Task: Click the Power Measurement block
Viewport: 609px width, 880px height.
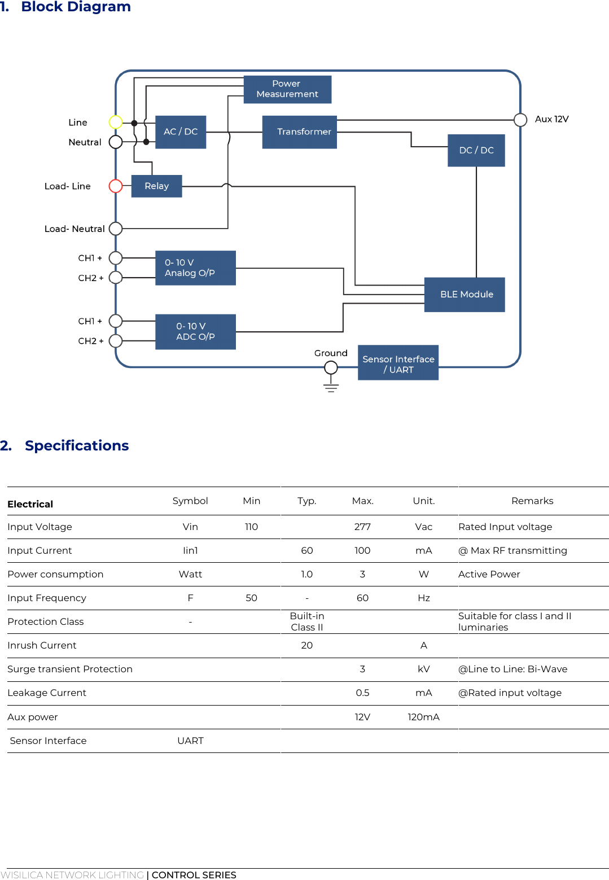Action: click(x=287, y=89)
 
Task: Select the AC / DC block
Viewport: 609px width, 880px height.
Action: click(x=181, y=132)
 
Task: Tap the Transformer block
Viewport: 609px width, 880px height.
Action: click(x=300, y=132)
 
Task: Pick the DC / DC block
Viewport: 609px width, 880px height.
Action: click(x=476, y=150)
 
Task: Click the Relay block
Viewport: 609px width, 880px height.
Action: click(x=156, y=186)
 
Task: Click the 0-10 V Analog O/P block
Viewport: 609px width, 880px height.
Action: click(x=195, y=268)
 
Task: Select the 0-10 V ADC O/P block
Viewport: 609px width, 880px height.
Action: click(x=195, y=332)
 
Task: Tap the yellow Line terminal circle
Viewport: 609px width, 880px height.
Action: click(x=116, y=122)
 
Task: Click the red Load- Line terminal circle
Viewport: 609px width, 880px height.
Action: click(x=116, y=186)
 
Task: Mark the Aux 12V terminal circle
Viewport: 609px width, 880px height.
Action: click(x=520, y=120)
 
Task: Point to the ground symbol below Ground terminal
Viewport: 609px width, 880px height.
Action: click(x=331, y=388)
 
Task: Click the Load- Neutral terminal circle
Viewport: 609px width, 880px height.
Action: click(x=116, y=229)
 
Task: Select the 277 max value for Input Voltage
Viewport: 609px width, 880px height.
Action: click(x=362, y=527)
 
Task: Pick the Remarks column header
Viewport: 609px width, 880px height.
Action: click(x=532, y=501)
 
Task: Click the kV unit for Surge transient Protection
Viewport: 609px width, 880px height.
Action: click(x=423, y=669)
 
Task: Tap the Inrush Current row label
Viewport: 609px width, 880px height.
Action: click(x=42, y=645)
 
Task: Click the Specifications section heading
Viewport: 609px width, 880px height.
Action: click(x=77, y=446)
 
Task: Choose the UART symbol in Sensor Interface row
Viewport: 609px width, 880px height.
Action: click(x=190, y=741)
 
